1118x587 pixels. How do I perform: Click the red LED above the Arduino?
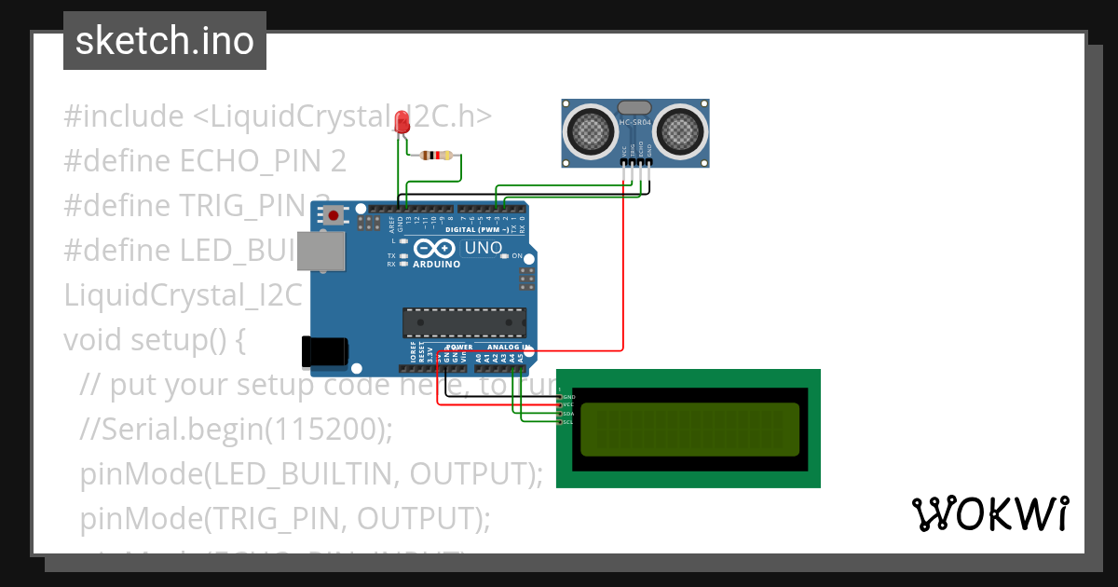(x=402, y=122)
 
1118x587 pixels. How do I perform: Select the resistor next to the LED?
(x=437, y=156)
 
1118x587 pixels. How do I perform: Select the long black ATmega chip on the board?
(x=464, y=321)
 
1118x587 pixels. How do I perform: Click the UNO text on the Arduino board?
(x=483, y=249)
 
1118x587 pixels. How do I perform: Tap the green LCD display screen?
(x=689, y=429)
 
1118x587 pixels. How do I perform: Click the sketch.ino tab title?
(x=165, y=41)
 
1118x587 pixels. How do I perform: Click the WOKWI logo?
(x=989, y=513)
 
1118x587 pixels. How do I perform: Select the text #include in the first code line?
(x=124, y=116)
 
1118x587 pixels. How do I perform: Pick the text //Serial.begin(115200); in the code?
(x=237, y=429)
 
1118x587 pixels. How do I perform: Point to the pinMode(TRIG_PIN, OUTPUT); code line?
(x=284, y=518)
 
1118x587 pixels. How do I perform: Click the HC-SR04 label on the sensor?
(x=635, y=122)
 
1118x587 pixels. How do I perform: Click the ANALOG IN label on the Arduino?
(x=509, y=347)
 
